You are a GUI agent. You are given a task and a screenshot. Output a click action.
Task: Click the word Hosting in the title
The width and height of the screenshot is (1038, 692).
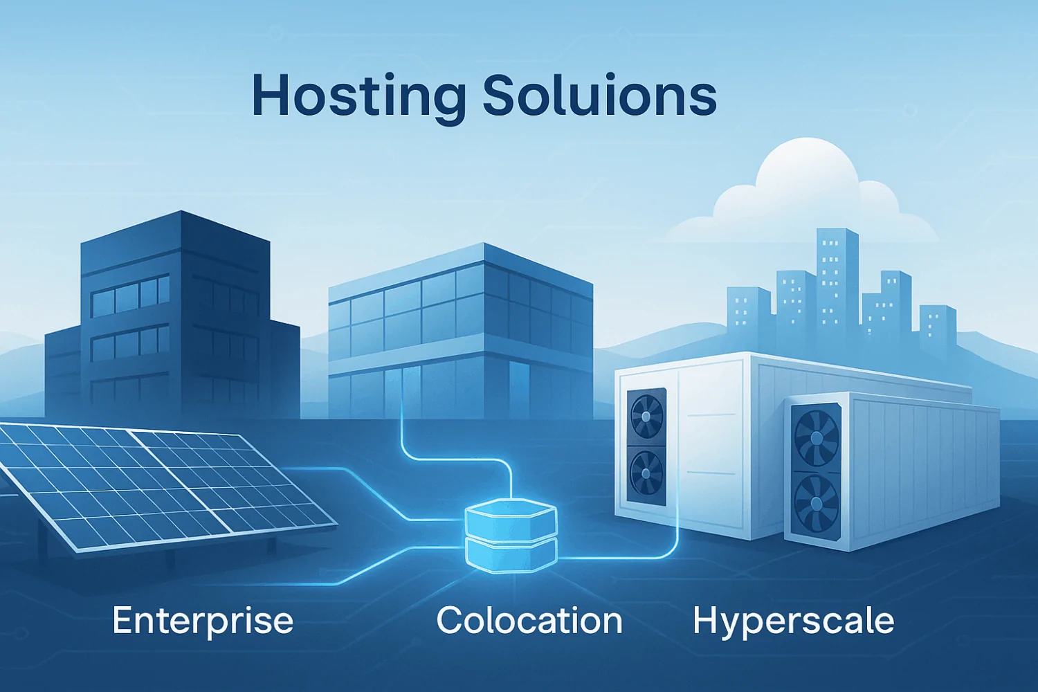(x=358, y=96)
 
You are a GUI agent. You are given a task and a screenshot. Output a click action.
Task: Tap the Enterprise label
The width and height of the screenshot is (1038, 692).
(x=203, y=621)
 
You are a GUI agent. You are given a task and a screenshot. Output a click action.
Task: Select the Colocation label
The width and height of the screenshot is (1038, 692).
(x=529, y=621)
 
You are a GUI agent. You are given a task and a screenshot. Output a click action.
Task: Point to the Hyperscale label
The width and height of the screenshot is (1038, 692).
(x=793, y=621)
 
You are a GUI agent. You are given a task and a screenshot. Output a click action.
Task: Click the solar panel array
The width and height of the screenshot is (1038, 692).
(x=159, y=484)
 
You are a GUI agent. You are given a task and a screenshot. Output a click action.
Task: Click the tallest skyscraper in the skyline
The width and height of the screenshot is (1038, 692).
(x=837, y=277)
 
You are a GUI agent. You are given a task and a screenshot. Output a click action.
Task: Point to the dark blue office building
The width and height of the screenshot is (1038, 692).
(x=173, y=311)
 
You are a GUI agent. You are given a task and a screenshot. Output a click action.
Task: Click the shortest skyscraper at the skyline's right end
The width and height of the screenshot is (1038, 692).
(x=938, y=325)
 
